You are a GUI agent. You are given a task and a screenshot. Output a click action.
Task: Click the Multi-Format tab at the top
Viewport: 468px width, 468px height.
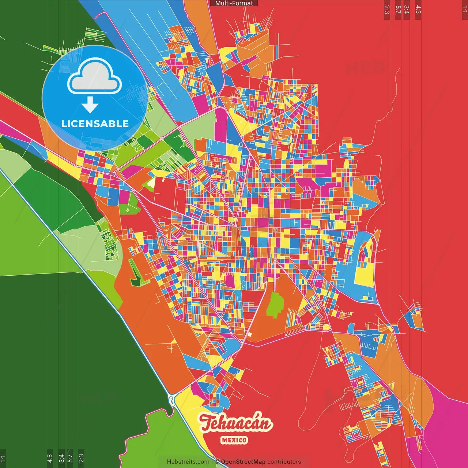click(x=234, y=3)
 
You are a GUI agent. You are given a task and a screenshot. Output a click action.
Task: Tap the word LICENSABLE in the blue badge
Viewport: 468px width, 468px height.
click(x=95, y=124)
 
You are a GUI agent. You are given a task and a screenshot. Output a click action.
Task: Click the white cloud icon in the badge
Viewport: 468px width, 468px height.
click(x=95, y=77)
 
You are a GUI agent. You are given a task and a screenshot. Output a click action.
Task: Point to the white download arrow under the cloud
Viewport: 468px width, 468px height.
click(x=90, y=105)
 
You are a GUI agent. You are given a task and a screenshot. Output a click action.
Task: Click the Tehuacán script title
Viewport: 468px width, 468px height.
click(x=236, y=423)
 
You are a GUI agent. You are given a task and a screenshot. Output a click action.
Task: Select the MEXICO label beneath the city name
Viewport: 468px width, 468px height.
click(x=234, y=440)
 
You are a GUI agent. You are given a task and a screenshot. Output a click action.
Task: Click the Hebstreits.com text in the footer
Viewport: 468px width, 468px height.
click(x=188, y=462)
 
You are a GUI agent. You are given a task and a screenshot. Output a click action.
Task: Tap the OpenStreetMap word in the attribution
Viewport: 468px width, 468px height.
click(x=243, y=462)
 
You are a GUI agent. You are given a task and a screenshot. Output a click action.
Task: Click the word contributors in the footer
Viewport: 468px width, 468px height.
click(x=284, y=462)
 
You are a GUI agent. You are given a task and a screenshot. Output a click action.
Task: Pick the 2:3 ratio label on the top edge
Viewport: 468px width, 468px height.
click(x=387, y=10)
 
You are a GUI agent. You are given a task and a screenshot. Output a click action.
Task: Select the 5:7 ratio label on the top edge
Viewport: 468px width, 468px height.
click(x=398, y=10)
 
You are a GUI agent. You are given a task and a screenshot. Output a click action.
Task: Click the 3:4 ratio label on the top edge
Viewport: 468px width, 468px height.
click(x=406, y=10)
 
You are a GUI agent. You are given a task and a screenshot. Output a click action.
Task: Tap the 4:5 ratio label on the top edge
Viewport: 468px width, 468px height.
click(x=418, y=10)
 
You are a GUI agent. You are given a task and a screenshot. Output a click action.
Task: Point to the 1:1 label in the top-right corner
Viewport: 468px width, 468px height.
click(x=464, y=10)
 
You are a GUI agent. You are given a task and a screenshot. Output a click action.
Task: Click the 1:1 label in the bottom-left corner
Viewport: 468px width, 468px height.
click(x=3, y=458)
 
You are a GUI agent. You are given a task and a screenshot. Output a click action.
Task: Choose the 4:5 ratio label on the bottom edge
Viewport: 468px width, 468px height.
click(x=50, y=458)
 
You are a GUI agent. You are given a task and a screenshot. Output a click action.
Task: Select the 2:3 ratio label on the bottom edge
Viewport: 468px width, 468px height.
click(x=81, y=458)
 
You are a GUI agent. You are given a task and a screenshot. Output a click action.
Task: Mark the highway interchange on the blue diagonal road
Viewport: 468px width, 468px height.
click(x=171, y=399)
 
